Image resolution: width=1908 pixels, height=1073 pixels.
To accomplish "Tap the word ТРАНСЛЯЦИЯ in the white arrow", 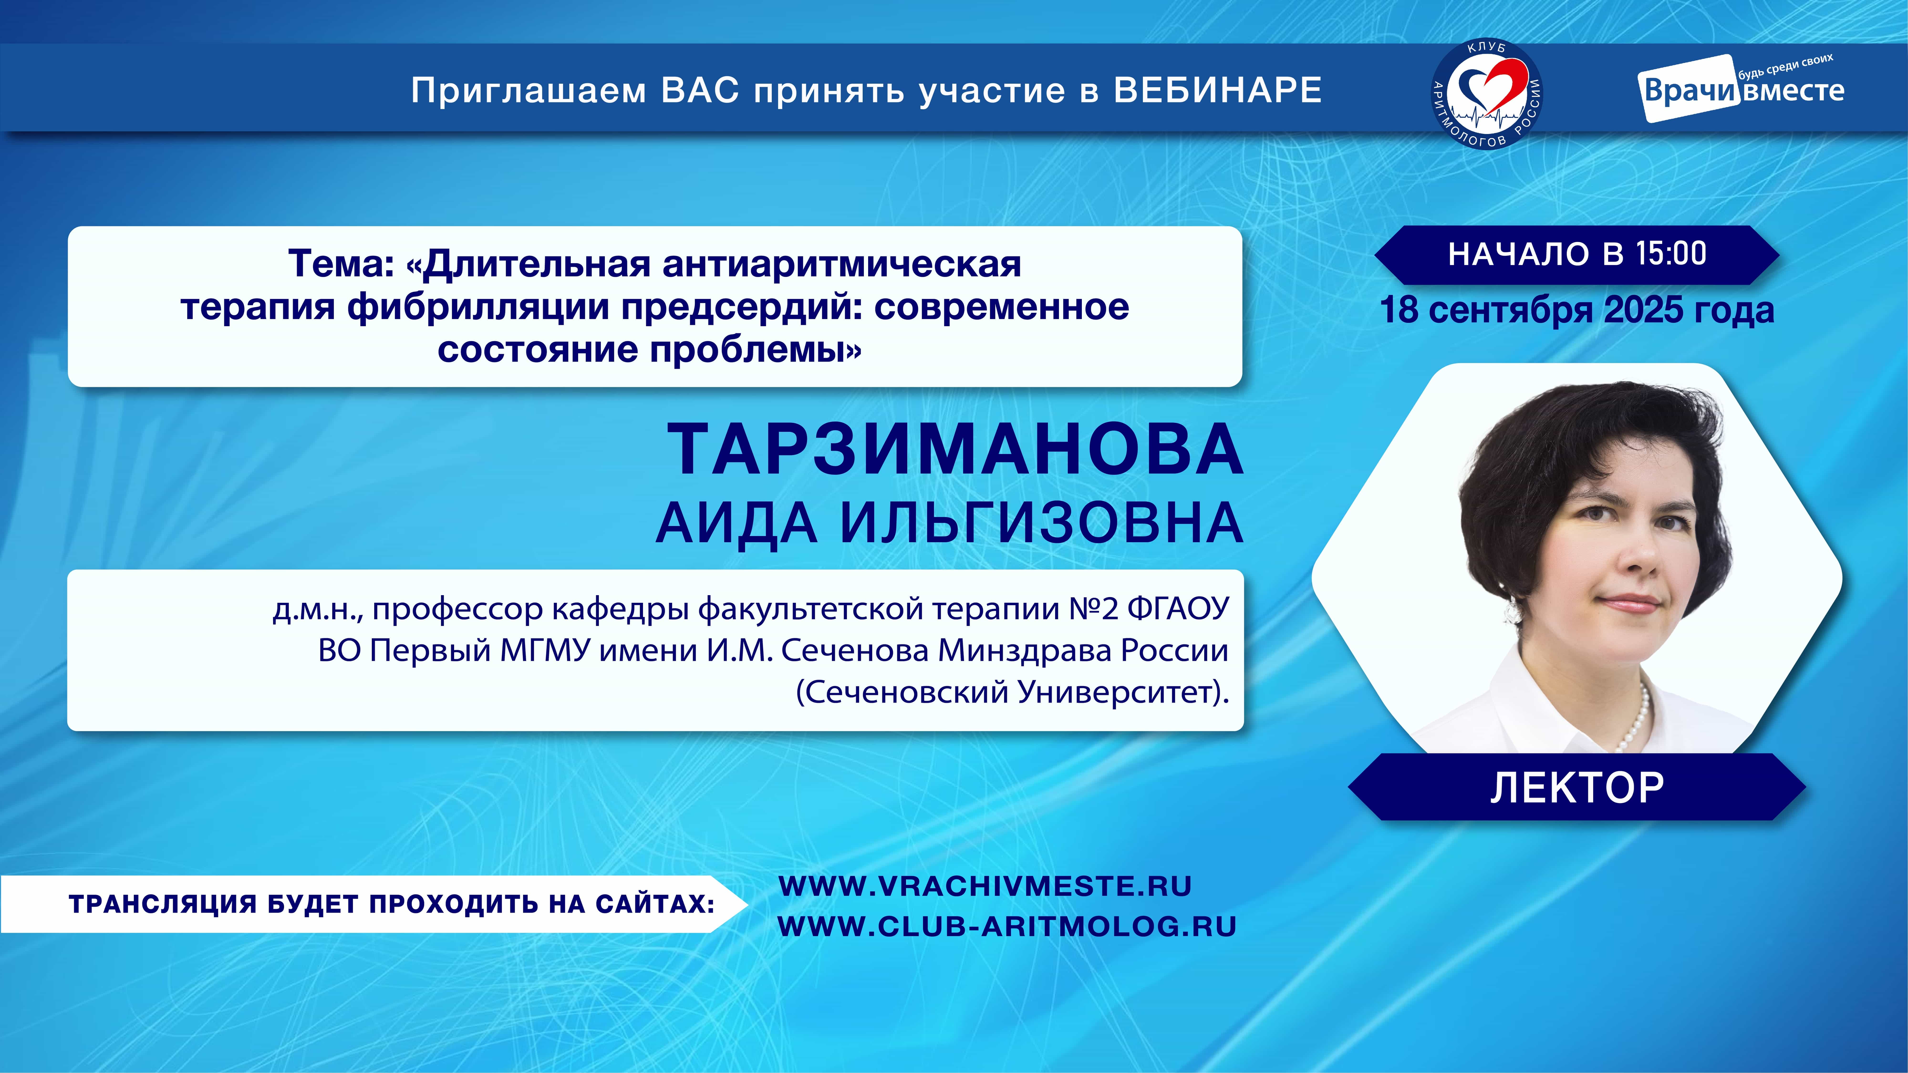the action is click(x=163, y=904).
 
